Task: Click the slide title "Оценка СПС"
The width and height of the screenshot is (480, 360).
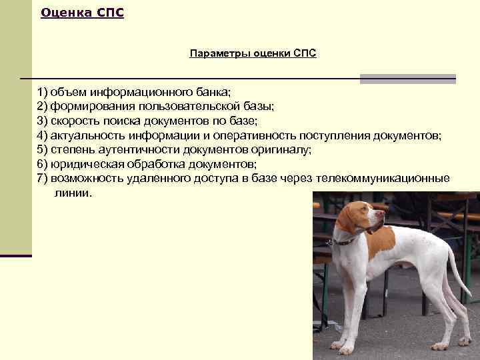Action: pyautogui.click(x=82, y=13)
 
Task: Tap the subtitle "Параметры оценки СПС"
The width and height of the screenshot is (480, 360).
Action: pyautogui.click(x=253, y=53)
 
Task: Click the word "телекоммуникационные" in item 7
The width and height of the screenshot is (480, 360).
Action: pyautogui.click(x=383, y=179)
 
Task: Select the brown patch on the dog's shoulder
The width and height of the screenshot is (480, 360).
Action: pyautogui.click(x=381, y=243)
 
